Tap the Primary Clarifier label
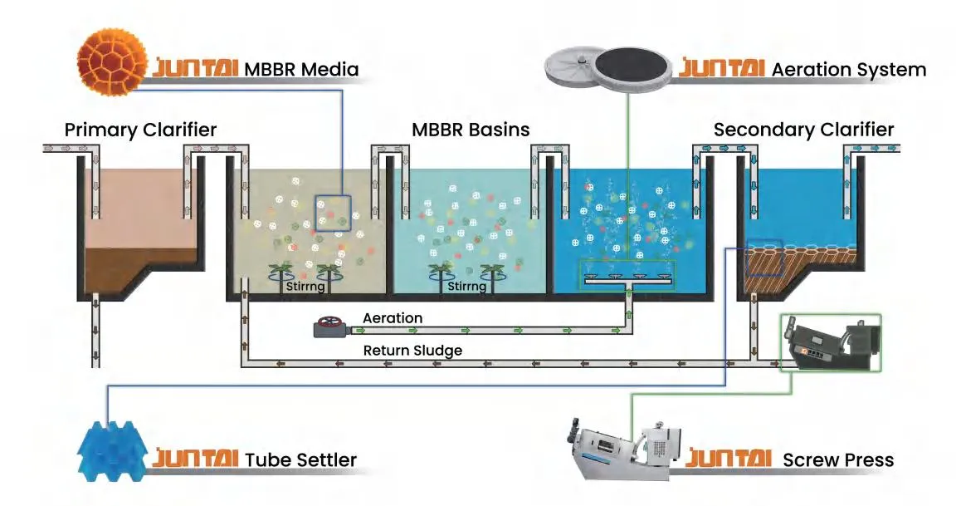pos(140,130)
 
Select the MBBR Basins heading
pos(471,130)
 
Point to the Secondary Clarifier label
pos(803,130)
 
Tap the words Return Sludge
pos(412,351)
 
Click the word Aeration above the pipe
pos(393,318)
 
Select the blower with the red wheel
pos(331,327)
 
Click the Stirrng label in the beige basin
pos(304,287)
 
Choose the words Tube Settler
pos(300,459)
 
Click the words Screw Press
pos(838,459)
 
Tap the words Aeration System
pos(848,70)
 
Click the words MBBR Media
pos(301,69)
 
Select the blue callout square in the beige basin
pos(333,214)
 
